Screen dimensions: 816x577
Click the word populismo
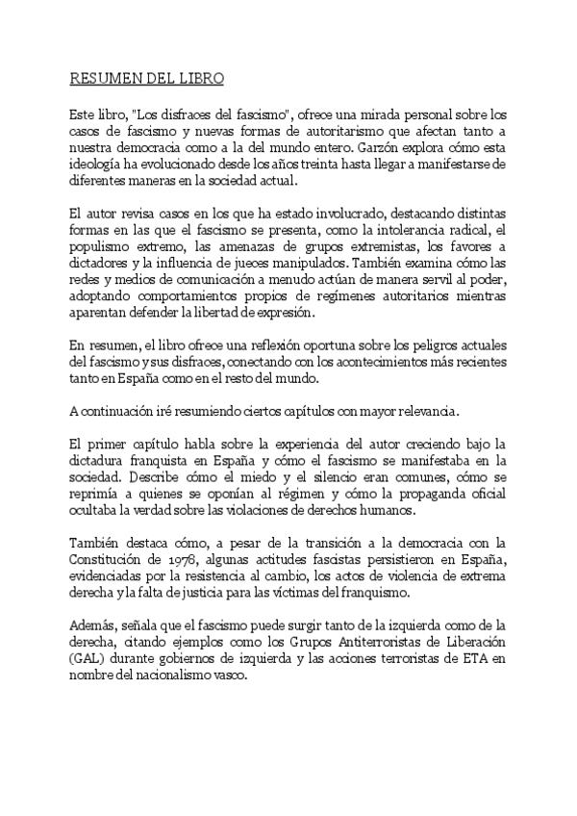[101, 244]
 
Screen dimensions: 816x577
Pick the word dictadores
[103, 262]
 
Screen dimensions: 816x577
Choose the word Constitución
[109, 560]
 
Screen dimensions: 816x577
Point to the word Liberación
[473, 641]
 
